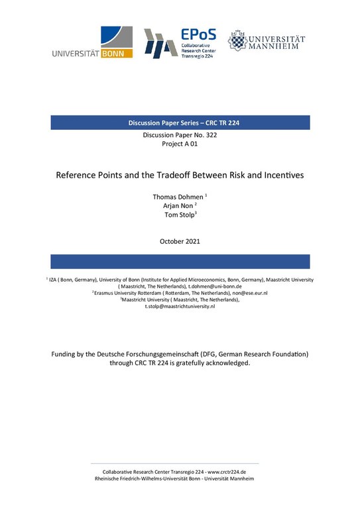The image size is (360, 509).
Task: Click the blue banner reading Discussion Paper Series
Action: [180, 123]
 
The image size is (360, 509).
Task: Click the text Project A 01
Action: [180, 145]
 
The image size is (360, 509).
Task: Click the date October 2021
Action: [180, 241]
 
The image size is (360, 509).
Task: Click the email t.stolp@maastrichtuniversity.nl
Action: [180, 306]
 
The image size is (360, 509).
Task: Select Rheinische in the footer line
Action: [110, 478]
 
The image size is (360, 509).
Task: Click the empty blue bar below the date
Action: [180, 260]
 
